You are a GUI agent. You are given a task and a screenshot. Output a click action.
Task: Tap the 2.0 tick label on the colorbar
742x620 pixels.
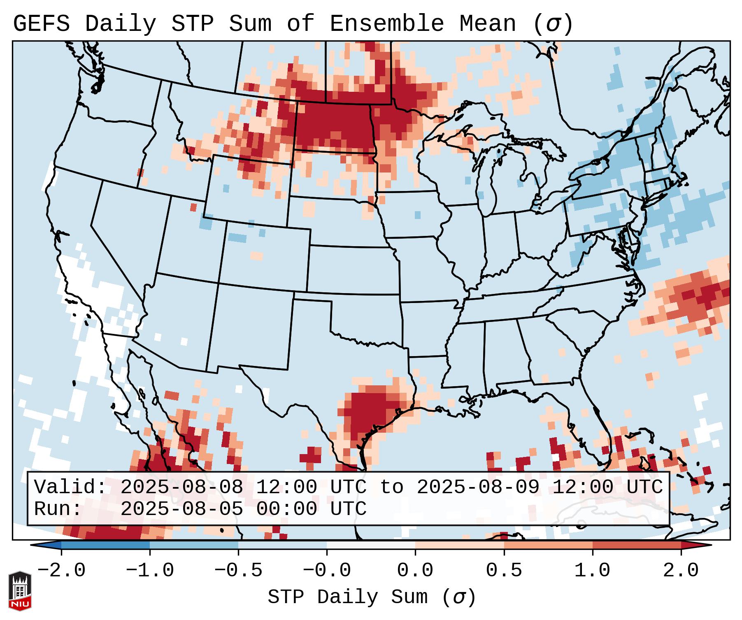point(681,571)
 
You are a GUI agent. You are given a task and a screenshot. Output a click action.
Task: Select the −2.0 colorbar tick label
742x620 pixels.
point(61,571)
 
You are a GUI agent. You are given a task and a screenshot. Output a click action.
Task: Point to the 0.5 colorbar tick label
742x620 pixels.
point(504,571)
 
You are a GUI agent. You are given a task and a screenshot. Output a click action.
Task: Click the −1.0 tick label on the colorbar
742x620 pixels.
point(149,571)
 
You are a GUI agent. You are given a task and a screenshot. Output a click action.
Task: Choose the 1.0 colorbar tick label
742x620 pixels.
point(592,571)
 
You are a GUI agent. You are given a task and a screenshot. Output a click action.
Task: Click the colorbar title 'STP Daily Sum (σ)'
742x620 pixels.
point(372,597)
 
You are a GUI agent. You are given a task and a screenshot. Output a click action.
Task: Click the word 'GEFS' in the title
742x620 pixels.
point(41,24)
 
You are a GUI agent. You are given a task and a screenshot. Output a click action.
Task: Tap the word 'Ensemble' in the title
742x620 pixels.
point(386,24)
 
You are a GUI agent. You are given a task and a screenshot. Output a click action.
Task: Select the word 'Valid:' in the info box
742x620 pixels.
point(70,487)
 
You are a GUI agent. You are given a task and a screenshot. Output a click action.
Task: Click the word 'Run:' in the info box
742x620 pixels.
point(58,509)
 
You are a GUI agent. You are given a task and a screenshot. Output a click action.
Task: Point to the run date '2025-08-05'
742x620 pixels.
point(181,509)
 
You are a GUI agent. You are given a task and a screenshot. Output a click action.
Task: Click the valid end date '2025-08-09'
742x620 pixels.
point(478,487)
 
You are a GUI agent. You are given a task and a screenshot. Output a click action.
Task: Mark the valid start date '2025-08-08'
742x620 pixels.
point(181,487)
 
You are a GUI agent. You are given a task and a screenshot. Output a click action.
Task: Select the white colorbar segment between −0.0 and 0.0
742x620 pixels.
point(371,545)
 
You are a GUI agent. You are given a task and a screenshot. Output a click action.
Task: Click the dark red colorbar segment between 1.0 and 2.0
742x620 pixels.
point(637,545)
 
